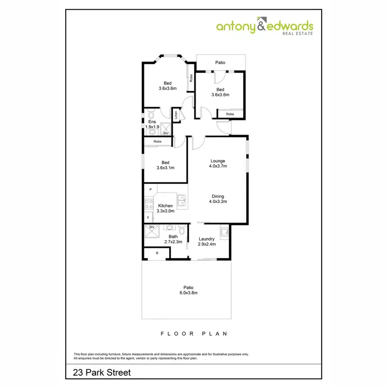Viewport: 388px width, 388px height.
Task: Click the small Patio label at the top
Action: (220, 63)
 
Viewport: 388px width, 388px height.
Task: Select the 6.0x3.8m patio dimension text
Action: (188, 293)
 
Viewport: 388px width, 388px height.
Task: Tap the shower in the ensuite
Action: (166, 129)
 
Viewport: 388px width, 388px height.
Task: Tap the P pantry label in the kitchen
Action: (150, 190)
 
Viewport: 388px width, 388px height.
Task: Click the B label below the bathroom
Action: (157, 253)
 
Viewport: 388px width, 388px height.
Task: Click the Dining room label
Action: (218, 196)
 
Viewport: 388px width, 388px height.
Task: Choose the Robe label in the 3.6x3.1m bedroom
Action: (157, 141)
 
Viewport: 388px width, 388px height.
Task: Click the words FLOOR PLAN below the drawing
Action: (194, 333)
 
